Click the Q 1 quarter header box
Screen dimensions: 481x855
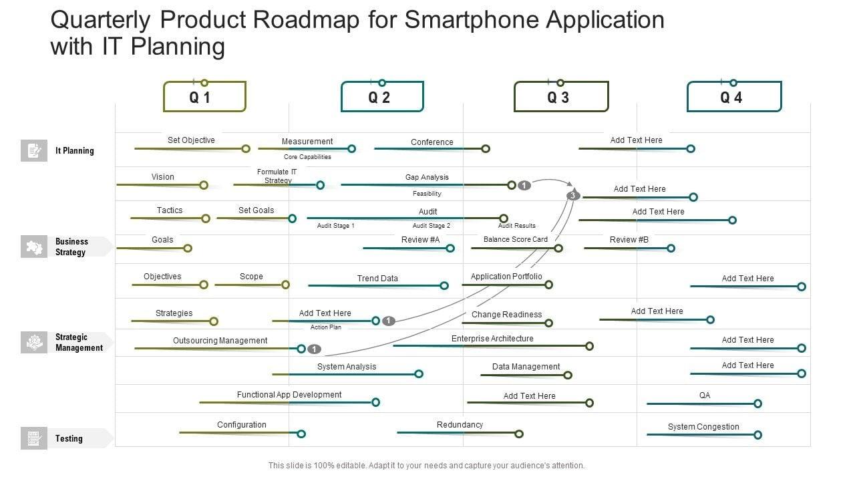204,97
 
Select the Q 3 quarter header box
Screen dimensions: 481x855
560,97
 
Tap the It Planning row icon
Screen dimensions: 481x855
33,151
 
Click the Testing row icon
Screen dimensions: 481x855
33,439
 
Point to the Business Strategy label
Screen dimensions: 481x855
71,247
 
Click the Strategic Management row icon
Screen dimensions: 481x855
33,343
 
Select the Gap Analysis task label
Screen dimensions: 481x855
427,177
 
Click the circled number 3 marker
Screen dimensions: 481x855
573,195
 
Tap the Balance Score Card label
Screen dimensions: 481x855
515,239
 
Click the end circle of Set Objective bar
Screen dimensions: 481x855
246,149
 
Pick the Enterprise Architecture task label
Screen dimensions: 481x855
492,339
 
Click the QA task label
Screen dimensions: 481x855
705,395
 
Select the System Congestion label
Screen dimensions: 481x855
703,427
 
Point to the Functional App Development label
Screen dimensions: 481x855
289,395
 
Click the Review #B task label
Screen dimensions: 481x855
629,239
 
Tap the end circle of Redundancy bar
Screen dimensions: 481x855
519,434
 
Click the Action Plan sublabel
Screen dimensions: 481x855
326,327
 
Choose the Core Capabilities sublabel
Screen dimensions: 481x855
307,157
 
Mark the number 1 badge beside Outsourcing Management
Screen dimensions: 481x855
315,349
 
